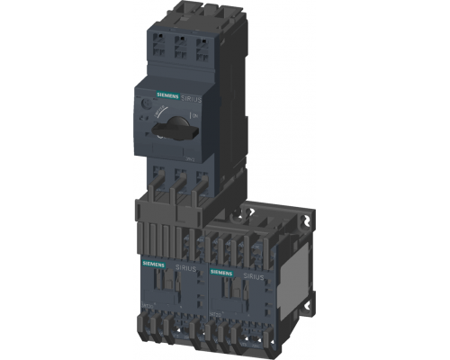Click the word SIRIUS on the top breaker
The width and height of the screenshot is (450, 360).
(x=193, y=96)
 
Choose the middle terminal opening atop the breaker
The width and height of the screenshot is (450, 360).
(x=177, y=45)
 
